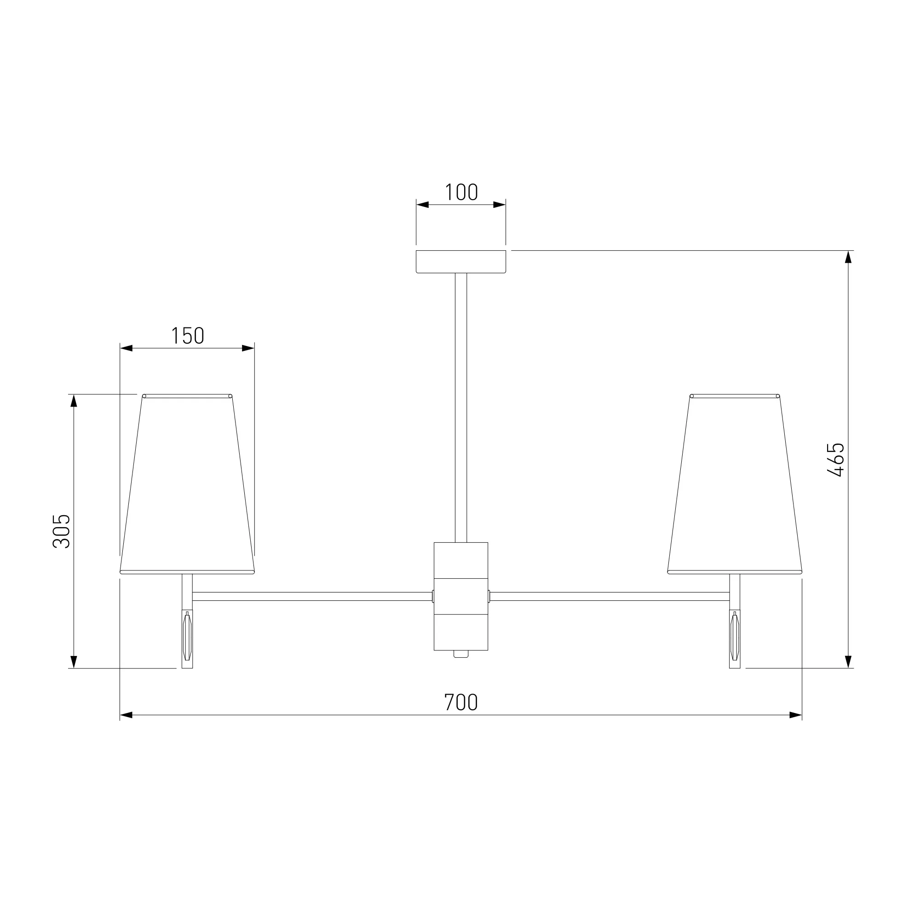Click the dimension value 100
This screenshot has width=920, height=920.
point(461,192)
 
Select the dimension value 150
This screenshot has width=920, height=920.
point(188,336)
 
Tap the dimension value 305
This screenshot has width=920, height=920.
point(62,531)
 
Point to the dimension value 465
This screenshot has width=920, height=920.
point(836,460)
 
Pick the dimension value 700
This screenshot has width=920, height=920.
point(460,702)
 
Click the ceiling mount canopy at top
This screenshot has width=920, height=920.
point(461,261)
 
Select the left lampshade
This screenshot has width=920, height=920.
point(187,484)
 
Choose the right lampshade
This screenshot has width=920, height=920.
point(735,484)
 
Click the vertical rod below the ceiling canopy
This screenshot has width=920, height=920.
point(461,408)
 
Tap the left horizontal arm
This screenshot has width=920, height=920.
point(312,596)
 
